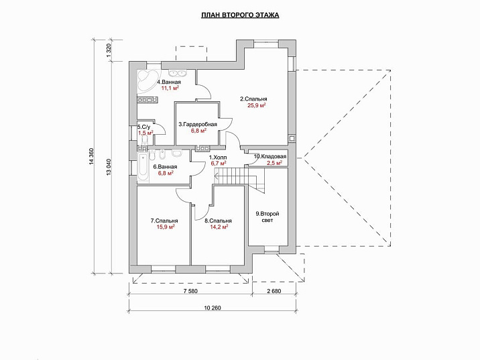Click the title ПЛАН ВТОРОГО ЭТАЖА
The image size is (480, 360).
(240, 15)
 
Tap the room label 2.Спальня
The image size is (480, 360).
(253, 99)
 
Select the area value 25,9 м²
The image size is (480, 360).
(256, 106)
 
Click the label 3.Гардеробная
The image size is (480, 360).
(198, 124)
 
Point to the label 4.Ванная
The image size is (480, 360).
(169, 82)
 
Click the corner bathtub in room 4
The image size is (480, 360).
(146, 81)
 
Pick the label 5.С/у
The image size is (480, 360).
(144, 127)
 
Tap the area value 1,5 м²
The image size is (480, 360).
(145, 133)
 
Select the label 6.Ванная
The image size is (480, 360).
(165, 167)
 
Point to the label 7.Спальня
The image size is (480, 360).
(164, 221)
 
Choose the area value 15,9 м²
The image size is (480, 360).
(166, 227)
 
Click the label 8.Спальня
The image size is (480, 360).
(218, 221)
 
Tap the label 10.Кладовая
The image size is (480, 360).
(270, 157)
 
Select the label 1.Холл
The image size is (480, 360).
(218, 158)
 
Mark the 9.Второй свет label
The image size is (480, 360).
(267, 217)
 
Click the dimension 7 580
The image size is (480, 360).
(190, 291)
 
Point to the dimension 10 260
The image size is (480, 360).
(213, 308)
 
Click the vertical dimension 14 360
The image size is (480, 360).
(91, 157)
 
